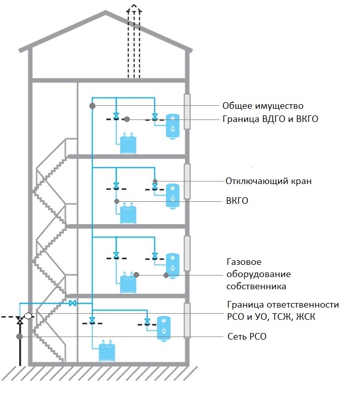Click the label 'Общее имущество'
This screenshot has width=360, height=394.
coord(263,106)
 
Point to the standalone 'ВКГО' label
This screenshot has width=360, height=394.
coord(237,201)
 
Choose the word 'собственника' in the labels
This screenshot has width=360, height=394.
coord(256,286)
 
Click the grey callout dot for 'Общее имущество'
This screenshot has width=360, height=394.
coord(92,106)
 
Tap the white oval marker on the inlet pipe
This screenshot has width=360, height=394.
coord(28,316)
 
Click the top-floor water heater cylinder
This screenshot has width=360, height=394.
coord(173,125)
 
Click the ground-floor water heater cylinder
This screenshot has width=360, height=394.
coord(163,328)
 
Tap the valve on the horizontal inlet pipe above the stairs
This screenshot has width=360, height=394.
coord(73,303)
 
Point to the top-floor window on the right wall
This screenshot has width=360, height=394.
coord(187,112)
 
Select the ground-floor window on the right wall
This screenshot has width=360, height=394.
coord(187,320)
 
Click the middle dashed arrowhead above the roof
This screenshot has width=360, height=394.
coord(134,8)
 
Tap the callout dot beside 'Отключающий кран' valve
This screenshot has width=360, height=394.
coord(155,181)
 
